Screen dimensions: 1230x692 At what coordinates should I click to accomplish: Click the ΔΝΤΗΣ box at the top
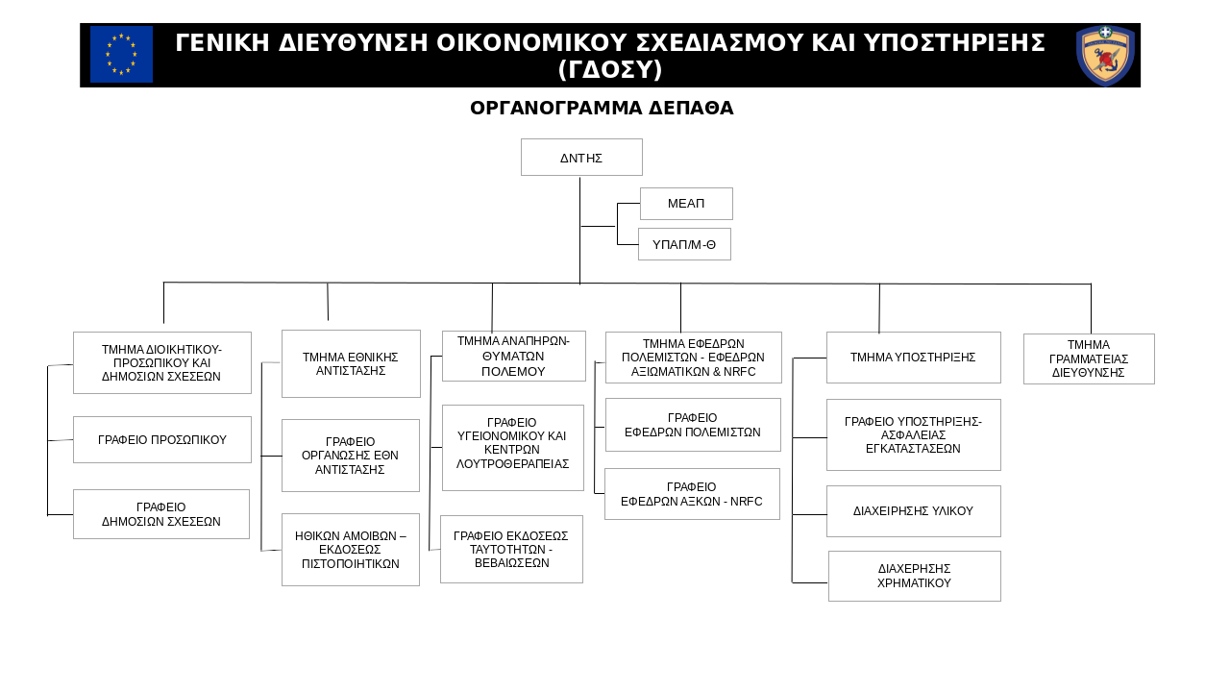coord(581,157)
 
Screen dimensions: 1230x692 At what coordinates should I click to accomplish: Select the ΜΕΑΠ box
coord(686,204)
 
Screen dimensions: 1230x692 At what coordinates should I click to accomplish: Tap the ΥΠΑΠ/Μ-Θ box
coord(684,244)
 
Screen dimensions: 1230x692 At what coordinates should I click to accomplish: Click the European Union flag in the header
coord(121,55)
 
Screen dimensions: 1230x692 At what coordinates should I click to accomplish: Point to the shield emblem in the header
coord(1105,55)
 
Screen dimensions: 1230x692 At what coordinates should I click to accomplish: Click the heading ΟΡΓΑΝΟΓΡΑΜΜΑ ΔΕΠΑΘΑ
coord(602,108)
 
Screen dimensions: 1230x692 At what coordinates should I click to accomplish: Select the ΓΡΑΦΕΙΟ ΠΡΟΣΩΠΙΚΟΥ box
coord(162,439)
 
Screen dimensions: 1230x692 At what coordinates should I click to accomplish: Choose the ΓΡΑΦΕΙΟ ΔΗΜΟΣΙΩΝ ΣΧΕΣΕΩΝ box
coord(161,514)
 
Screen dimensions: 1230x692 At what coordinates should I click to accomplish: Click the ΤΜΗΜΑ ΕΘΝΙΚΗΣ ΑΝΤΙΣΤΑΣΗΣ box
coord(351,363)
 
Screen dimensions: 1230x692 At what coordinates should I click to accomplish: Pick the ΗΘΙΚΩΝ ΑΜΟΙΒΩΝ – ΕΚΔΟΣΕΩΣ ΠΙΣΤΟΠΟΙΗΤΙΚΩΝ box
coord(351,550)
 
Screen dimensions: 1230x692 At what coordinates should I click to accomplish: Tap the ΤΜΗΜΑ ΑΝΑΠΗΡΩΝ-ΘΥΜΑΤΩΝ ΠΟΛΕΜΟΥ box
coord(514,356)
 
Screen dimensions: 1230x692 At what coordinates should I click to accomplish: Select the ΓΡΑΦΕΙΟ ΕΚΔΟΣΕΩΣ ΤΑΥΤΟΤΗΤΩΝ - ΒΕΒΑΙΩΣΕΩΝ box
coord(511,549)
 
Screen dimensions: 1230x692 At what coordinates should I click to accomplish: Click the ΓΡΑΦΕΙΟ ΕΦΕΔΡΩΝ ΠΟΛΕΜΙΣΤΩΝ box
coord(693,425)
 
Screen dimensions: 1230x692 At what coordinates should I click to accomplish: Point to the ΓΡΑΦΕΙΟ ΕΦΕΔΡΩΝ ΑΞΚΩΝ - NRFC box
coord(692,494)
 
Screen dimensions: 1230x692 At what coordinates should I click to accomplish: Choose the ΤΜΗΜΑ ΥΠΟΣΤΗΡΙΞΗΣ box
coord(914,358)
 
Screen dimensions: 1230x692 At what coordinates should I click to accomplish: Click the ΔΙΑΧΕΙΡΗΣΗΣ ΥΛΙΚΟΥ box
coord(914,511)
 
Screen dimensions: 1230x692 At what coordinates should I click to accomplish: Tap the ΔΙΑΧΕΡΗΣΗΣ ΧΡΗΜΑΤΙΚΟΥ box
coord(915,576)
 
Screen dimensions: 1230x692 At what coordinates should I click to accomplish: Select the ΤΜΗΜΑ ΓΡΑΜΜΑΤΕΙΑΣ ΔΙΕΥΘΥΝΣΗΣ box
coord(1089,358)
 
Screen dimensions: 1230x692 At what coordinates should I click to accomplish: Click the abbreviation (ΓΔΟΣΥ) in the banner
coord(610,70)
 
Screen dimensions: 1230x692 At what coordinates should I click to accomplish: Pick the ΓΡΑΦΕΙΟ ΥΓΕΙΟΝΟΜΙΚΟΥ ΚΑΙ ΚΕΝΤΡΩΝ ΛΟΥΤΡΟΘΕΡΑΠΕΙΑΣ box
coord(513,448)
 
